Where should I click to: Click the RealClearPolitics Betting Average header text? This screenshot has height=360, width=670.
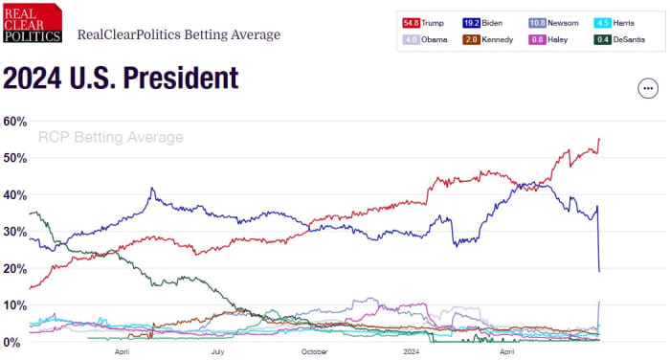click(x=179, y=35)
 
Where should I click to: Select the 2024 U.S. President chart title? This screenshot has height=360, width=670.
click(x=121, y=79)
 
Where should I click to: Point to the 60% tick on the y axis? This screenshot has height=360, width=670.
click(x=14, y=122)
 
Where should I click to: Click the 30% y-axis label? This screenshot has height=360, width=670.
click(x=14, y=232)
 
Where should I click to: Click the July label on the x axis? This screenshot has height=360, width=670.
click(x=217, y=352)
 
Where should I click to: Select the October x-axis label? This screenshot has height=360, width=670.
click(x=313, y=352)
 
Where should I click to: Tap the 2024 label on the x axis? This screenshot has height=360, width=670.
click(x=412, y=352)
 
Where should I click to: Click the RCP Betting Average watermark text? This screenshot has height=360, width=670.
click(x=110, y=138)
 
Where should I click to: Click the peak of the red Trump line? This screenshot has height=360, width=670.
click(x=599, y=139)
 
